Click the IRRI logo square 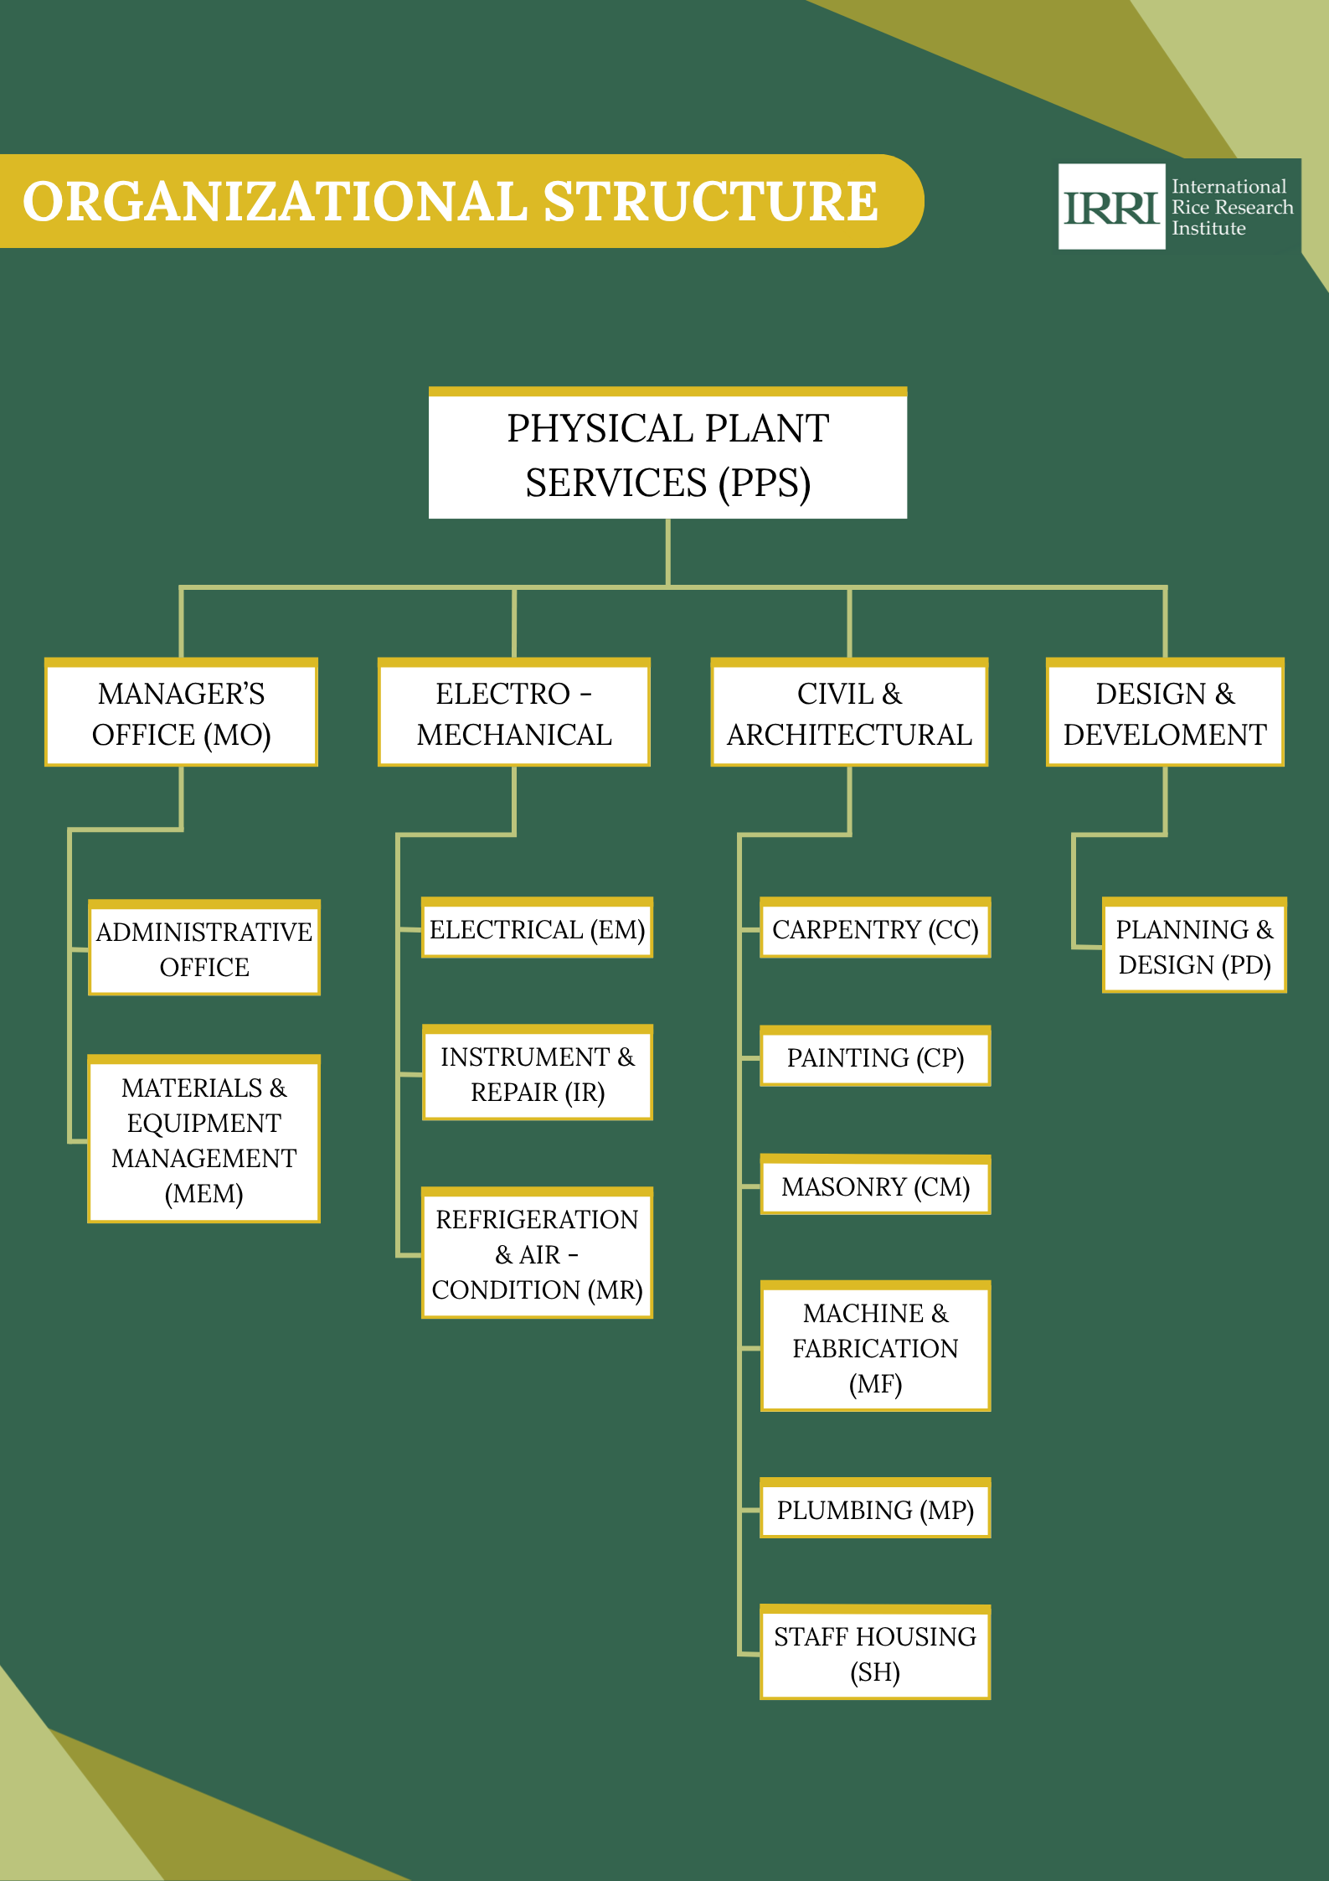[x=1111, y=206]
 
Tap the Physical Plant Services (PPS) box [x=667, y=455]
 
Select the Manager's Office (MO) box [x=181, y=714]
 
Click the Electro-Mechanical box [x=514, y=714]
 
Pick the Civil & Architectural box [x=849, y=714]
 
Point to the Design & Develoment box [x=1165, y=714]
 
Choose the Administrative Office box [x=204, y=948]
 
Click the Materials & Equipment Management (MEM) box [x=204, y=1139]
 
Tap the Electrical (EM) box [x=537, y=929]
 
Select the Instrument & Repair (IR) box [x=537, y=1074]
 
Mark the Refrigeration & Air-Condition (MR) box [x=537, y=1254]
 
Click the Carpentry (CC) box [x=875, y=929]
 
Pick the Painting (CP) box [x=875, y=1057]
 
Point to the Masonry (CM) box [x=875, y=1186]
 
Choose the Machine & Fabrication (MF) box [x=875, y=1347]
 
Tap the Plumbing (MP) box [x=875, y=1510]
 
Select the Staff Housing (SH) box [x=875, y=1654]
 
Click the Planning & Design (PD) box [x=1194, y=947]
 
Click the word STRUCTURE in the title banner [x=710, y=202]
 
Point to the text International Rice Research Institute [x=1231, y=207]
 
